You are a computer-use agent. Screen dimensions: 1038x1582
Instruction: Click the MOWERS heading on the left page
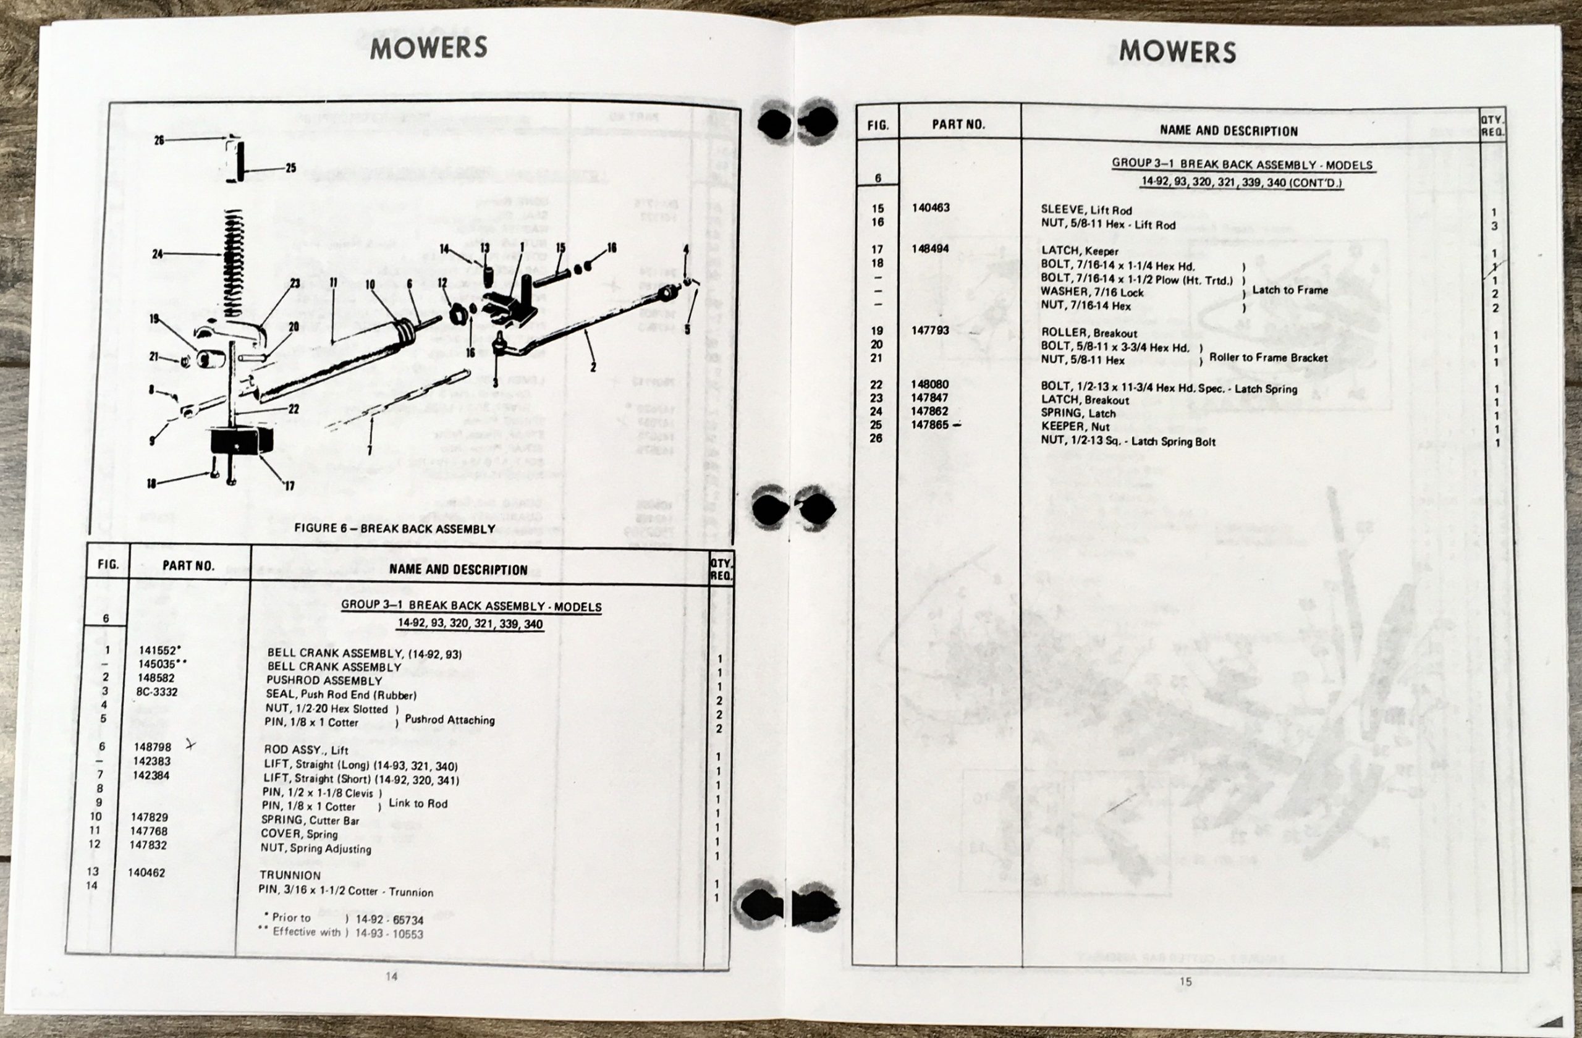[428, 47]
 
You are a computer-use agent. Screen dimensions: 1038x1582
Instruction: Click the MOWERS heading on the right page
[1177, 52]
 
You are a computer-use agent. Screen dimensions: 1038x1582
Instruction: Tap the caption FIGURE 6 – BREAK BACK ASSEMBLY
[394, 528]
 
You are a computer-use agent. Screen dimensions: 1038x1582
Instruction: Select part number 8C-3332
[157, 692]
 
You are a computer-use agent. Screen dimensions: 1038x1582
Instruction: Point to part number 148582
[157, 678]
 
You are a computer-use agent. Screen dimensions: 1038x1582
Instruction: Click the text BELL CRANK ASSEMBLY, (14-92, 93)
[364, 653]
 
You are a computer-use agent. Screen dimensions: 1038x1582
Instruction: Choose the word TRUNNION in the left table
[290, 875]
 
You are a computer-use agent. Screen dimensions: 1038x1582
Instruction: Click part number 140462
[146, 872]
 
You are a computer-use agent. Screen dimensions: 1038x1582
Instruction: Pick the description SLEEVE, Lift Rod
[1086, 210]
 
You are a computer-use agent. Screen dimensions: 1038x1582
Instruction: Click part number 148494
[930, 248]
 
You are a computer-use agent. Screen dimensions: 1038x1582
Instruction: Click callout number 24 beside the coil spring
[158, 254]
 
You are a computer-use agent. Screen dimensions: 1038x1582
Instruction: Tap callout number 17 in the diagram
[289, 486]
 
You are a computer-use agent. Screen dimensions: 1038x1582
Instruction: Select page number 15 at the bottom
[1186, 981]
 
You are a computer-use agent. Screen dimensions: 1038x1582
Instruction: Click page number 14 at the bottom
[392, 976]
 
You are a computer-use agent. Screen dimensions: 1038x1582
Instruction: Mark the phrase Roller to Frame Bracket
[1268, 358]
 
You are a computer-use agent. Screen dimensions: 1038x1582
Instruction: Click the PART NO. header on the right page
[958, 124]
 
